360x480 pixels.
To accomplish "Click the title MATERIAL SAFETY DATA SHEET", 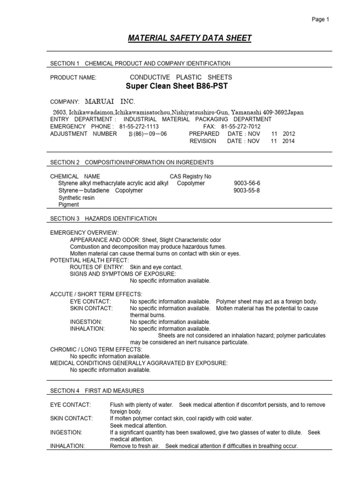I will tap(190, 38).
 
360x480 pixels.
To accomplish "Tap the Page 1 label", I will tap(321, 19).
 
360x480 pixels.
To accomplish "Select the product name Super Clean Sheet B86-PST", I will tap(180, 87).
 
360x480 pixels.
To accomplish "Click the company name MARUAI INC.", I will tap(110, 102).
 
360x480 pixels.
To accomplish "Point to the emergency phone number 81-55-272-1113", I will tap(139, 127).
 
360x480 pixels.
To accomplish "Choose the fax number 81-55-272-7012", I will tap(240, 127).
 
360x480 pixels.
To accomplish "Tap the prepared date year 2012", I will tap(289, 134).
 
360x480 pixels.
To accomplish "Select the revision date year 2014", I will tap(289, 141).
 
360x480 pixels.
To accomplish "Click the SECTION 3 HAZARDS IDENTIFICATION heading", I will tap(104, 218).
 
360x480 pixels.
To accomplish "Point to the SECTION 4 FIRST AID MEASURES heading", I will tap(97, 390).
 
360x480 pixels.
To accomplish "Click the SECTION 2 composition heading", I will tap(132, 162).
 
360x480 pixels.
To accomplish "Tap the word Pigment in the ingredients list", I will tap(68, 205).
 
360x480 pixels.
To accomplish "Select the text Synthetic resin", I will tap(76, 198).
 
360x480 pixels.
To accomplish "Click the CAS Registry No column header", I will tap(190, 176).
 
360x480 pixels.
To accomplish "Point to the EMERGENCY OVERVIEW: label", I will tap(84, 233).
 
